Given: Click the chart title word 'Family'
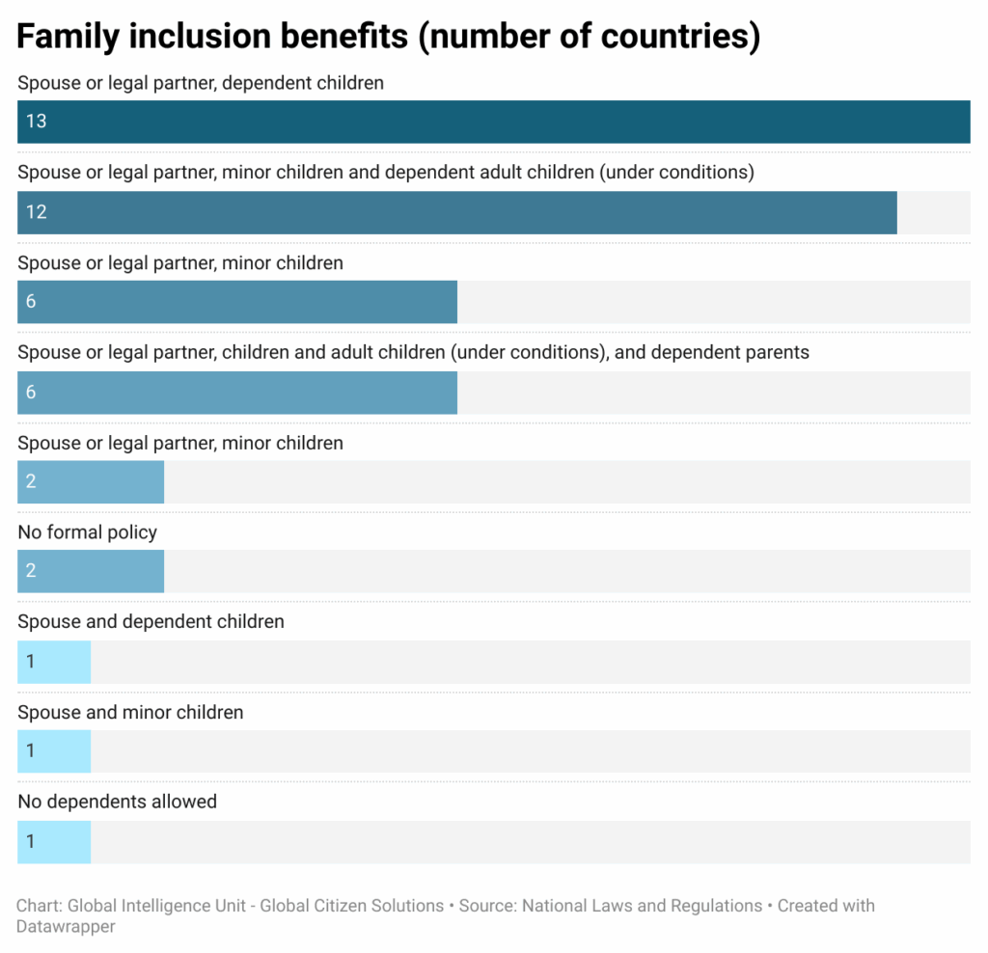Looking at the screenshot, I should tap(68, 36).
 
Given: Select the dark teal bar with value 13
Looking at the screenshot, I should tap(493, 122).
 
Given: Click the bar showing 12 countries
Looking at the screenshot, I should tap(456, 212).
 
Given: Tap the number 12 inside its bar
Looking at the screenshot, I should tap(36, 212).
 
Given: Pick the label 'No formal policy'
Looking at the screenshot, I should tap(87, 532).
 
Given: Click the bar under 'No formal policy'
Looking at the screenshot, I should tap(91, 571).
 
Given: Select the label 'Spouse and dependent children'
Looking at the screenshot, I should tap(151, 622).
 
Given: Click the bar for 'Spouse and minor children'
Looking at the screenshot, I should tap(54, 751).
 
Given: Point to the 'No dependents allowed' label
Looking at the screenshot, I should tap(117, 802).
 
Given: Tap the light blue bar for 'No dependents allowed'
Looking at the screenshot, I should tap(54, 842).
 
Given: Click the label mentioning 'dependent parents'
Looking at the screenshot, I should tap(413, 352).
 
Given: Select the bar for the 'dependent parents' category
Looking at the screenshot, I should tap(236, 393).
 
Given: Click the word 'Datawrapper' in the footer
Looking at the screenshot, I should tap(65, 927).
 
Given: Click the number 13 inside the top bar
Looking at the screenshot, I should tap(36, 122).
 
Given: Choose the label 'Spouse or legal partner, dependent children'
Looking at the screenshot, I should tap(200, 83).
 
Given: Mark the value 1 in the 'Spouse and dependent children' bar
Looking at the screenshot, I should tap(31, 662).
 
